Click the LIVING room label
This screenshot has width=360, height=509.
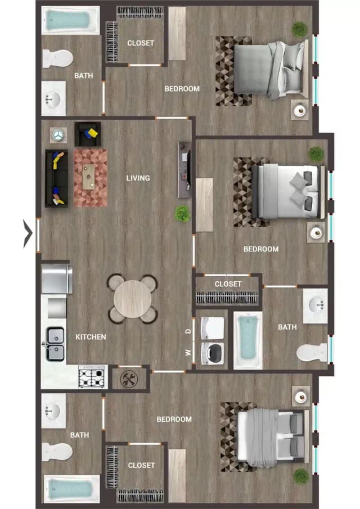click(x=138, y=178)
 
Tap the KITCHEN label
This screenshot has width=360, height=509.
click(x=91, y=337)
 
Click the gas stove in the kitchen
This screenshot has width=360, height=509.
click(x=93, y=377)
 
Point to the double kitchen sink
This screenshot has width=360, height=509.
click(x=55, y=344)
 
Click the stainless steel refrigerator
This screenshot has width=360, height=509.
click(x=57, y=279)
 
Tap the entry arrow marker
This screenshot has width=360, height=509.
click(x=28, y=233)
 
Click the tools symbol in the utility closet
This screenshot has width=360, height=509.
click(x=129, y=379)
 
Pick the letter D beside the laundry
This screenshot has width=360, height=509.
click(x=188, y=331)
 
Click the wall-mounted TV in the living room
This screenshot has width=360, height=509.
click(x=184, y=170)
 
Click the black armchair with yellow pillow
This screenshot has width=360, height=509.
click(x=88, y=134)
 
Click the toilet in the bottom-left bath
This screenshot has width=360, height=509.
click(x=57, y=452)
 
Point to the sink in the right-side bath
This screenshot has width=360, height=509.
click(x=316, y=306)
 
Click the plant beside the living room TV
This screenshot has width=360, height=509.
click(x=182, y=214)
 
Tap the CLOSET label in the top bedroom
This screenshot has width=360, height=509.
click(x=141, y=43)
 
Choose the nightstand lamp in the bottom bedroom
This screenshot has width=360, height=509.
click(x=301, y=396)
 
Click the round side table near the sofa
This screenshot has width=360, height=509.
click(x=58, y=135)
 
